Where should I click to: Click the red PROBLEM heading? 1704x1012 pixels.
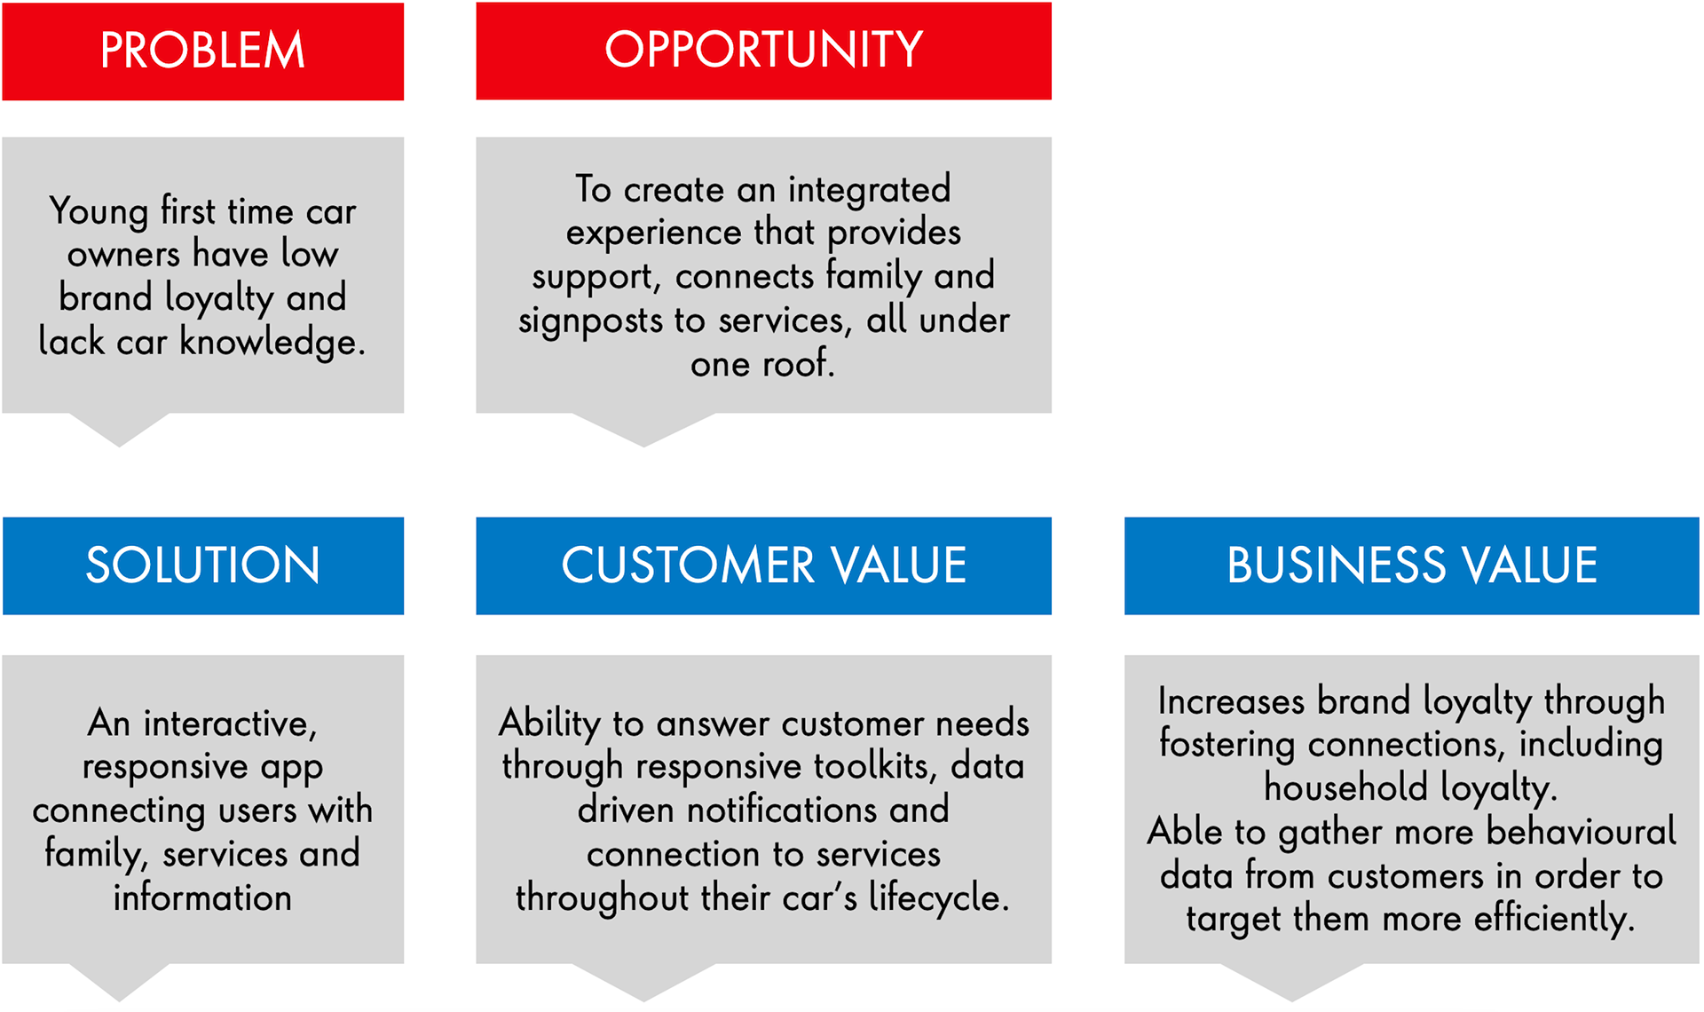[202, 51]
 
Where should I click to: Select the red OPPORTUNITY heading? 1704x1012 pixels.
[763, 50]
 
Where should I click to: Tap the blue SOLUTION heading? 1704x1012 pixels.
[202, 565]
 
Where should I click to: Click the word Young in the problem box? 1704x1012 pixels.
[99, 212]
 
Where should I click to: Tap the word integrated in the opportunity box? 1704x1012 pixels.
[869, 190]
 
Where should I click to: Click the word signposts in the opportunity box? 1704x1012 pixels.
[589, 321]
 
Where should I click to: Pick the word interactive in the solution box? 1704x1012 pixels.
[229, 724]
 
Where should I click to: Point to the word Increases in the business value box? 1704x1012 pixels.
[1231, 701]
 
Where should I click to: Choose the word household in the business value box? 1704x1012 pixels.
[1345, 788]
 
